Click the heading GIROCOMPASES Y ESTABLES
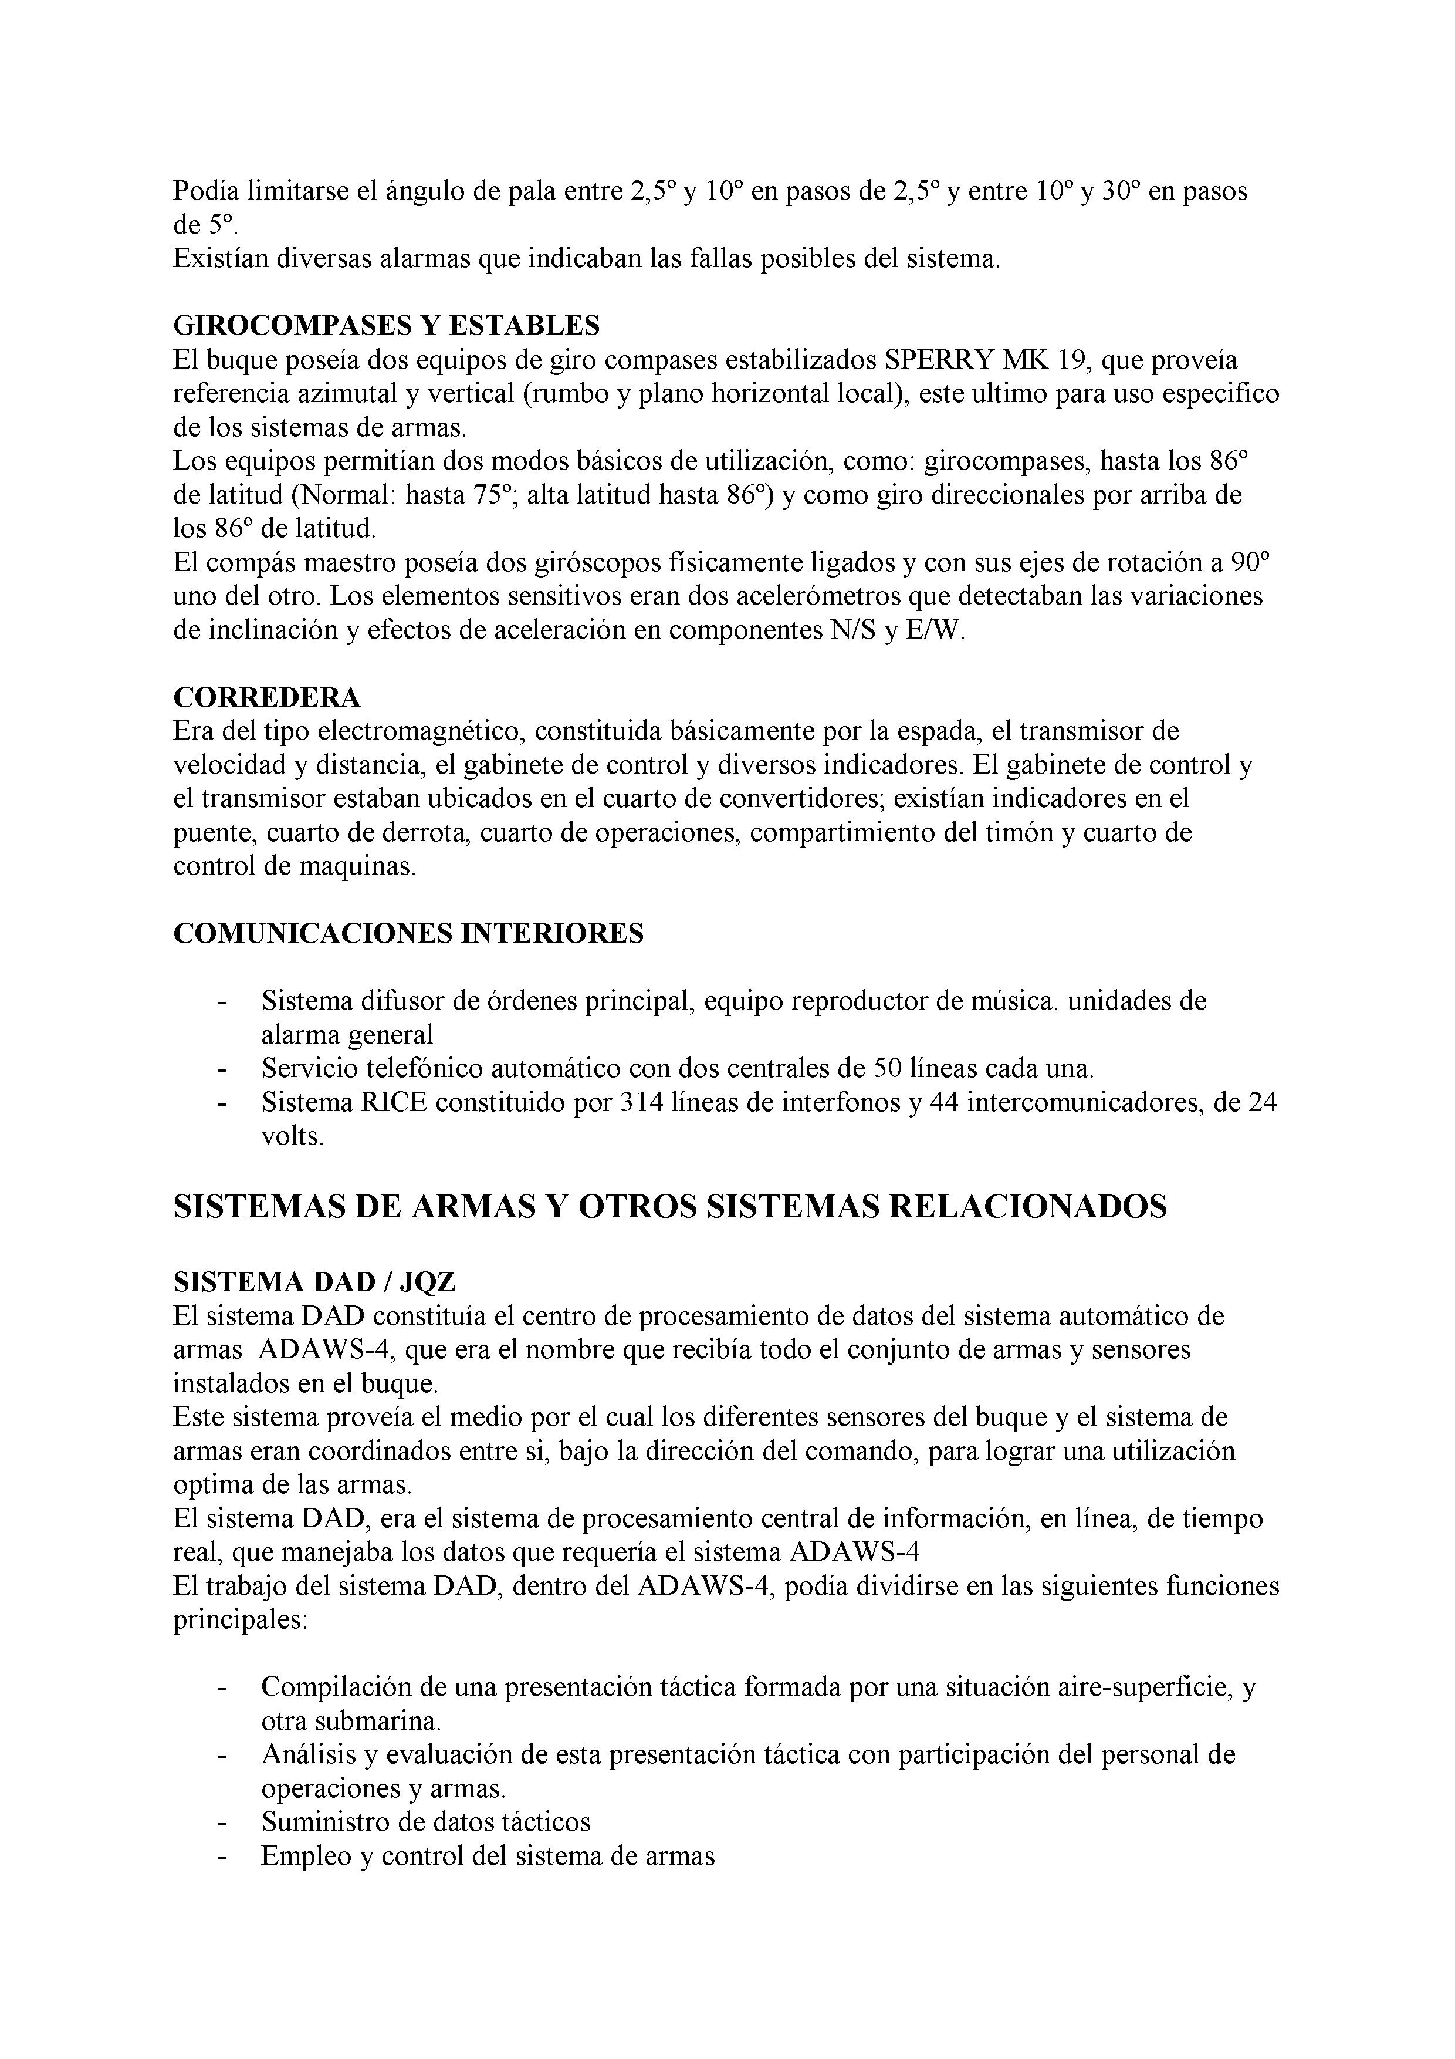click(387, 324)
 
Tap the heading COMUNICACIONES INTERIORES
click(408, 934)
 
